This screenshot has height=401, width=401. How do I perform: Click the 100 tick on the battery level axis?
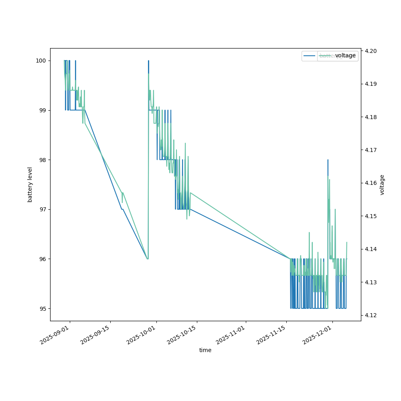click(x=41, y=61)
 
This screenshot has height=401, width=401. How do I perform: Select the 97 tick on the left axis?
click(x=42, y=209)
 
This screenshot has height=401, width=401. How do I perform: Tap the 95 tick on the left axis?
click(x=42, y=308)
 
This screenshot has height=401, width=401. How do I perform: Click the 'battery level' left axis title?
click(x=30, y=184)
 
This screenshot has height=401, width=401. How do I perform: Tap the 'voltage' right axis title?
click(x=382, y=184)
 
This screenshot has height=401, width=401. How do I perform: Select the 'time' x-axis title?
click(x=205, y=350)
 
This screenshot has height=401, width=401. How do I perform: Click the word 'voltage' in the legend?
click(x=345, y=56)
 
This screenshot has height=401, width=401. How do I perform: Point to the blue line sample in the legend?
click(x=310, y=56)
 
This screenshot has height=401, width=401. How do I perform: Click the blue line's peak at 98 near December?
click(x=328, y=160)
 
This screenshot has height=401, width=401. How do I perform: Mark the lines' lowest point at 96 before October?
click(x=148, y=259)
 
